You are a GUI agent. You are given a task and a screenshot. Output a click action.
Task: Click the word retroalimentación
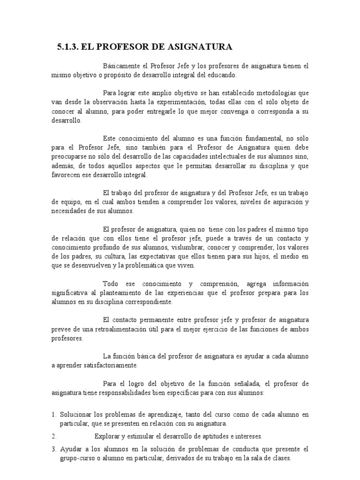click(122, 330)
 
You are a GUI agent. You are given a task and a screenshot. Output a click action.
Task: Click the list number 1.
click(54, 415)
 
